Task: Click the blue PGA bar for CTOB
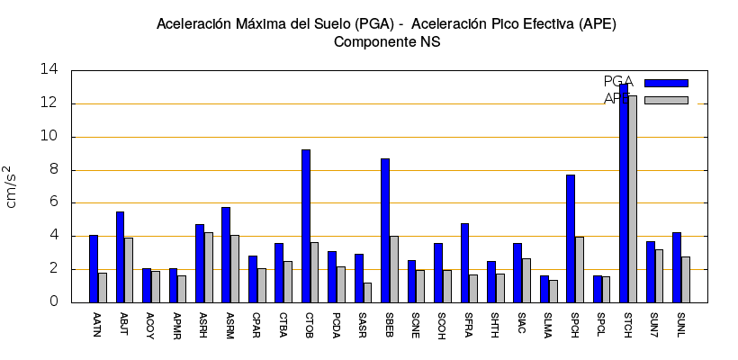[306, 226]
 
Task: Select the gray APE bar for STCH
[633, 199]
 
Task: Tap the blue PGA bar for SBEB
[385, 230]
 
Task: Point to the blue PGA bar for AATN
[94, 268]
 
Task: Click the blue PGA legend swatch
[666, 83]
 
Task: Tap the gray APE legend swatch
[666, 100]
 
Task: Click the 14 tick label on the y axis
[51, 70]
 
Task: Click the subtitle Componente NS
[386, 41]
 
